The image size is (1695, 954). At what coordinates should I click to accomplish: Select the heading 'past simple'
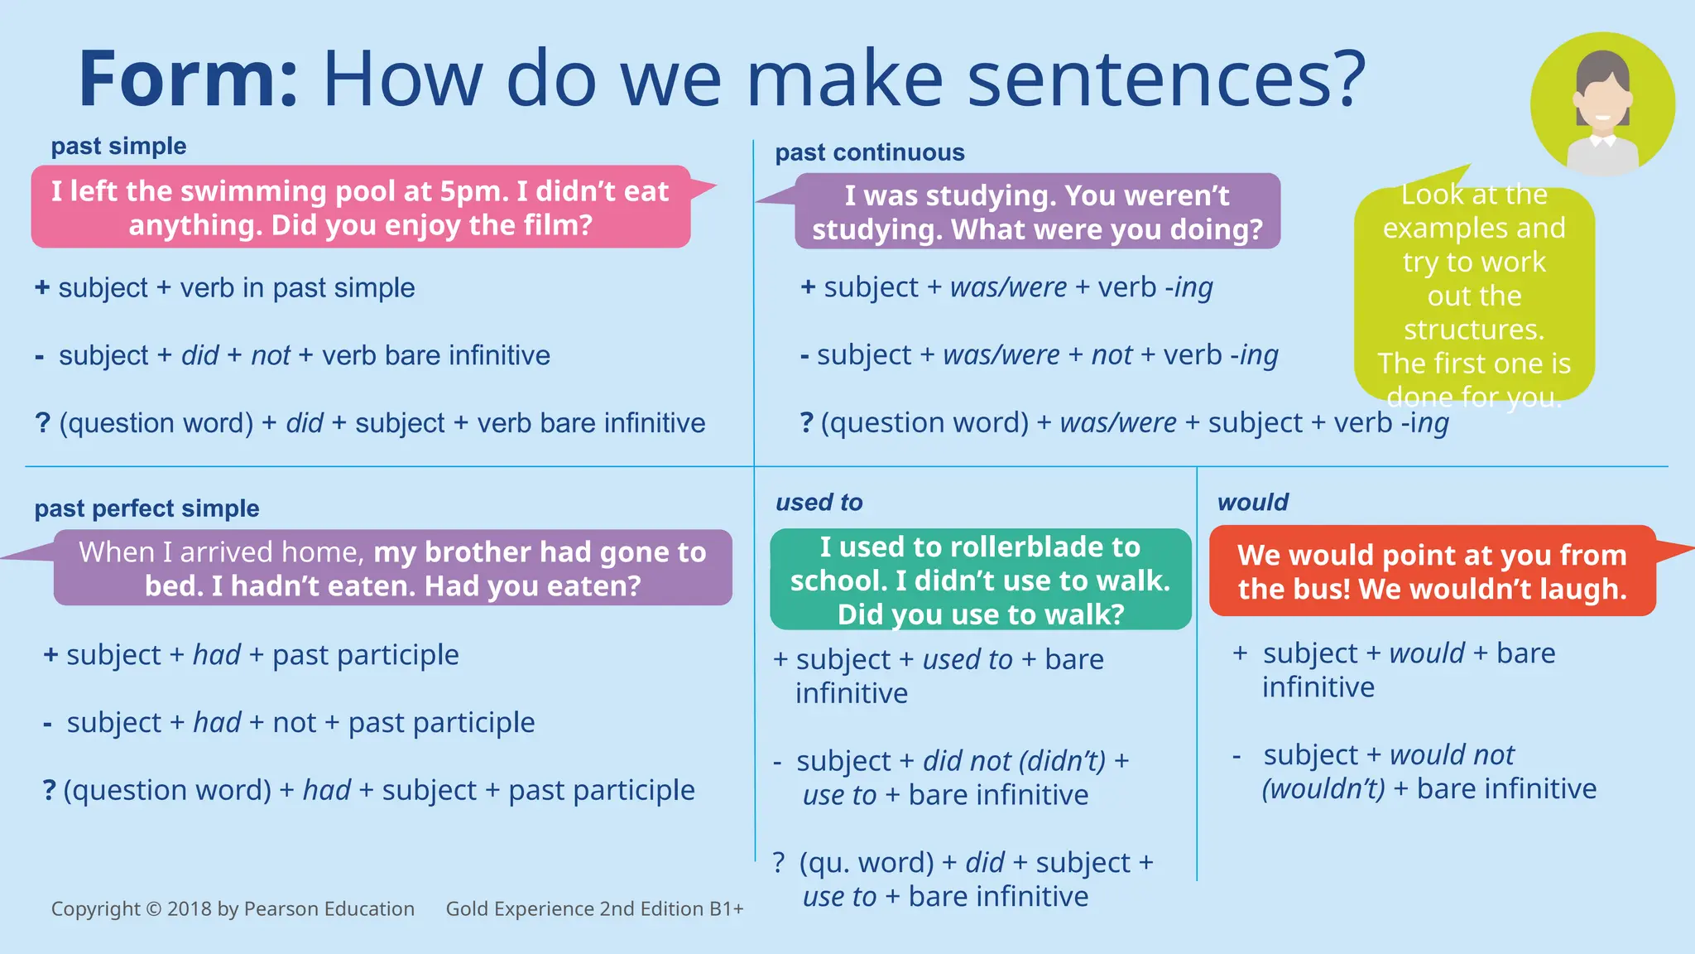click(118, 147)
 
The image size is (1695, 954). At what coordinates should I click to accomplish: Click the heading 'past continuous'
click(869, 152)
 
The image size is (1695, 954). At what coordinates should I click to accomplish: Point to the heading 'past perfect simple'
click(146, 508)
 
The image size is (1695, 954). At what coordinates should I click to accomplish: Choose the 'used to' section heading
click(819, 503)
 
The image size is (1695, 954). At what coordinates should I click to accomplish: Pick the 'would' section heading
click(1252, 503)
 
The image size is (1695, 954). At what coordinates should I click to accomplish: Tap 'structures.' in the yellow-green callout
click(1474, 330)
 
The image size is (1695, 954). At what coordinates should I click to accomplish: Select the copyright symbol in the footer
click(153, 909)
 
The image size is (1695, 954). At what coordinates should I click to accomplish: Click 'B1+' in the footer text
click(726, 909)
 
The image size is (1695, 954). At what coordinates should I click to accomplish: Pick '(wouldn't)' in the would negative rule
click(1323, 789)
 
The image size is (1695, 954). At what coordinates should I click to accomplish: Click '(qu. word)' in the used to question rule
click(866, 863)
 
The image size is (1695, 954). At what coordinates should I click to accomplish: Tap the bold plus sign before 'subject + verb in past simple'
click(42, 288)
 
